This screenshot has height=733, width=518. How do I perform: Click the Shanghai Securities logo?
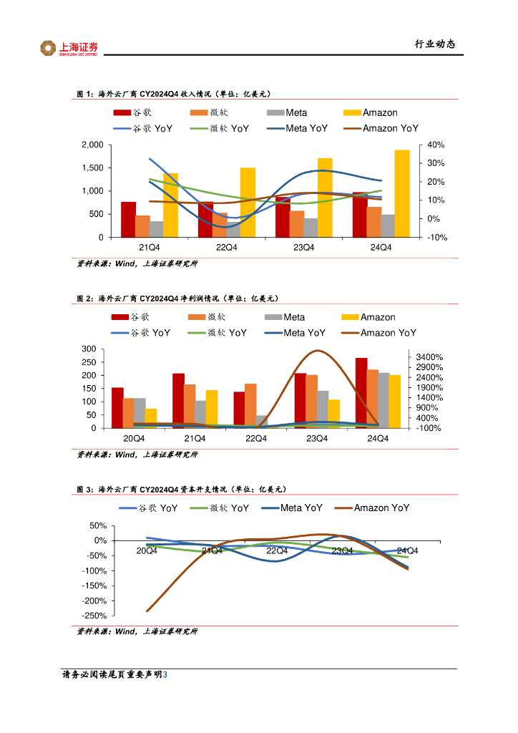69,48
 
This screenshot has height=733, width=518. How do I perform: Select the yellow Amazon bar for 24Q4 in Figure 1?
402,193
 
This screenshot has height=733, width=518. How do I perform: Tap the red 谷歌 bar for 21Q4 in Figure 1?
128,219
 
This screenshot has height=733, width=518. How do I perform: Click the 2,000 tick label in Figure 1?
92,145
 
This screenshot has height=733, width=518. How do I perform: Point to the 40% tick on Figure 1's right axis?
436,145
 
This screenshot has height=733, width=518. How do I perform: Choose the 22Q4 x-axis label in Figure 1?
227,248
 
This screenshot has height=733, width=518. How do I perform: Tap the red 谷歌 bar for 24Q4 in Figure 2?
361,393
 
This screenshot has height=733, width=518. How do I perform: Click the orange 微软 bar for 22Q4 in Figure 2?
250,406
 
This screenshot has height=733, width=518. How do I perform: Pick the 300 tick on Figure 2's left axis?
89,349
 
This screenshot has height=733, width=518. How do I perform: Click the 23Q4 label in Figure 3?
342,550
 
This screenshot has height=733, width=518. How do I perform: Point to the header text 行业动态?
434,44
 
